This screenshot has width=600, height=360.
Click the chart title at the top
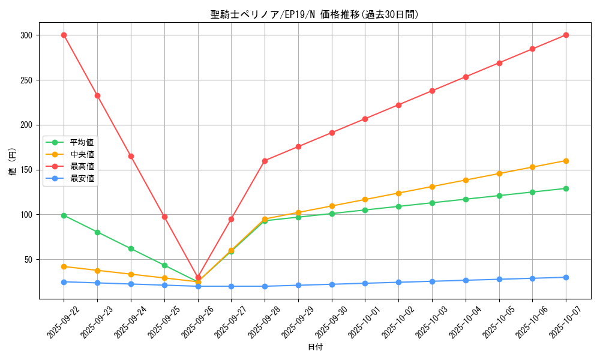click(x=314, y=14)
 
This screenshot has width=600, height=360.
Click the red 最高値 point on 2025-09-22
click(x=64, y=35)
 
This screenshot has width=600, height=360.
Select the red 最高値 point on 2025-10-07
click(x=566, y=35)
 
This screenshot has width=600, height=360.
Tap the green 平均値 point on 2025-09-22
click(x=64, y=215)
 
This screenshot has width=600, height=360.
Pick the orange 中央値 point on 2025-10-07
click(x=566, y=161)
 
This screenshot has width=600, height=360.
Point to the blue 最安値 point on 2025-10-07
click(x=566, y=277)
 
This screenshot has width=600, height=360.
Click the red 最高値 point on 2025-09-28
click(x=265, y=161)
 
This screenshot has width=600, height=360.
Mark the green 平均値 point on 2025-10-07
click(x=566, y=188)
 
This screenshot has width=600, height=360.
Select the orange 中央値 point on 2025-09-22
click(x=64, y=266)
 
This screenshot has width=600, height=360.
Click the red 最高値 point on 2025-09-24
click(x=131, y=156)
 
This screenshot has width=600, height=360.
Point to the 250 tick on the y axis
click(x=27, y=80)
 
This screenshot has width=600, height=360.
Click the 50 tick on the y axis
click(x=29, y=259)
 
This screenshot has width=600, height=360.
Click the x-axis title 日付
click(x=314, y=347)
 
